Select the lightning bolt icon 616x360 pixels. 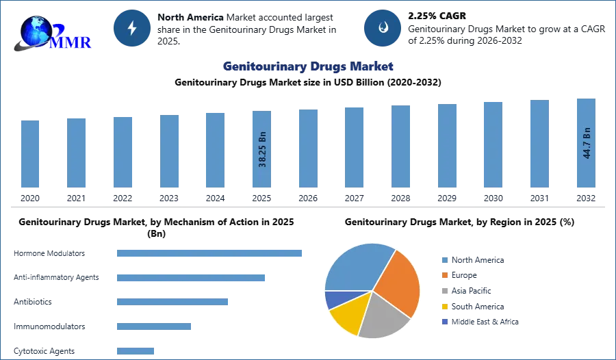(132, 28)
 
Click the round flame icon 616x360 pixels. (383, 28)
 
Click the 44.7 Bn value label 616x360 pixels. (586, 142)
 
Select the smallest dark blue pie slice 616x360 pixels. (333, 299)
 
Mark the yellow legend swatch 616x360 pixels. (444, 306)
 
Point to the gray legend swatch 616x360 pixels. (444, 291)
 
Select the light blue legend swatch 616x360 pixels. (444, 260)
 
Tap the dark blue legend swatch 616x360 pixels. (444, 322)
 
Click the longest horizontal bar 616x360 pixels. (210, 253)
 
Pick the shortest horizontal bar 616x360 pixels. (136, 350)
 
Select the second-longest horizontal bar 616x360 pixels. (191, 279)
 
